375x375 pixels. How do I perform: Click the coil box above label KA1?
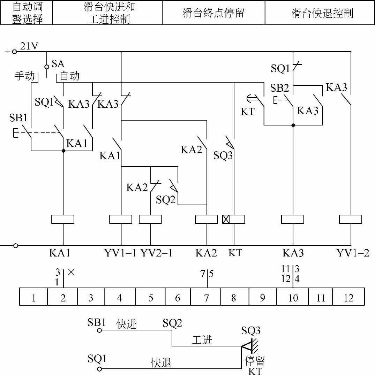pos(63,219)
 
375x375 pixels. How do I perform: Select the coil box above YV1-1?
pos(121,219)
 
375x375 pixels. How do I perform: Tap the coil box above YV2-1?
pos(150,219)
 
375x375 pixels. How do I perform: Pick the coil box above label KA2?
pos(207,219)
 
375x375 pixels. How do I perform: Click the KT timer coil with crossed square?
pos(233,219)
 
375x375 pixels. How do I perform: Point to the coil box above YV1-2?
pos(350,219)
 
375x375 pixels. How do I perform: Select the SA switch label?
pos(58,63)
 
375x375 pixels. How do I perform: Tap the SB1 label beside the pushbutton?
pos(18,118)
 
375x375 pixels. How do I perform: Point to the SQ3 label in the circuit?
pos(223,155)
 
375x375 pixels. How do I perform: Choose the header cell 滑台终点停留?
pos(213,13)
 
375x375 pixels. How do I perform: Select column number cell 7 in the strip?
pos(207,298)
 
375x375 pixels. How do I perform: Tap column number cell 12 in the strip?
pos(348,298)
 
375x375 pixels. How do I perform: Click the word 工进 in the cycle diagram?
pos(202,339)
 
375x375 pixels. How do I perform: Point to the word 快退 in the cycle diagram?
pos(161,363)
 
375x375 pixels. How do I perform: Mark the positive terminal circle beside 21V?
pos(15,52)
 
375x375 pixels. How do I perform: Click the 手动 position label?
pos(25,76)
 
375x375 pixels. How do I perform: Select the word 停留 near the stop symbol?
pos(255,360)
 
